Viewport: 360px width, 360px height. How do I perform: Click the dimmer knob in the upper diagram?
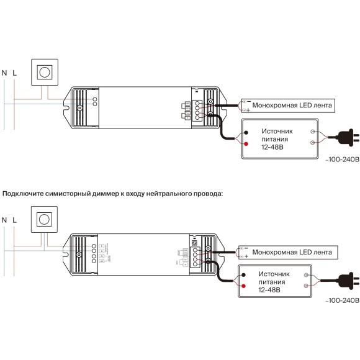[45, 72]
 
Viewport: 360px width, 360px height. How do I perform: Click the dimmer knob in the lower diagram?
[45, 219]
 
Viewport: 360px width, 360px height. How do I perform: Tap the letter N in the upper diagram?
[6, 73]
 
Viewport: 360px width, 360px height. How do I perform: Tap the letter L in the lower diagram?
[15, 220]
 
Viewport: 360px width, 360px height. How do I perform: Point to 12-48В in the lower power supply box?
[268, 289]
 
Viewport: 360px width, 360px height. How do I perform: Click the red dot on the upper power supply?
[246, 145]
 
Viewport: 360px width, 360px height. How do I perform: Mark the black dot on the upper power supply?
[246, 133]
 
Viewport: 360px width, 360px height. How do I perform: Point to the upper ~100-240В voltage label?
[342, 160]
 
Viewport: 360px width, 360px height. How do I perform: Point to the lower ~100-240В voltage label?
[342, 300]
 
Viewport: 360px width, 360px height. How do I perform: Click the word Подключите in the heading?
[22, 194]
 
